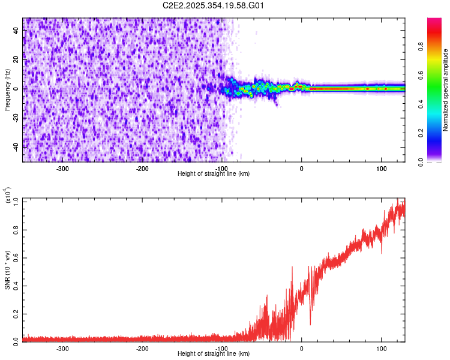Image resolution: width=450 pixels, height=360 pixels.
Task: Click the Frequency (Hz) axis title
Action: tap(7, 90)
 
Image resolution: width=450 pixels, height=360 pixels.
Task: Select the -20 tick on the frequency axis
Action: tap(17, 118)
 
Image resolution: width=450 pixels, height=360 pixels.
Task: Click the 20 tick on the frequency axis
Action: tap(17, 59)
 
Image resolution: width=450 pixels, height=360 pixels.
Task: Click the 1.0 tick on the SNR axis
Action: tap(17, 201)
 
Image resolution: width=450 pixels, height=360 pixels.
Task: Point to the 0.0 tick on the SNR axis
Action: tap(17, 340)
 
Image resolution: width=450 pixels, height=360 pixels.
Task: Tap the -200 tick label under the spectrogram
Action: tap(142, 169)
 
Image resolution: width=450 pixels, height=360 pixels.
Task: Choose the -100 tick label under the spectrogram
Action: tap(222, 169)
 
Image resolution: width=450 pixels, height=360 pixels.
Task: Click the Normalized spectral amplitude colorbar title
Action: tap(446, 90)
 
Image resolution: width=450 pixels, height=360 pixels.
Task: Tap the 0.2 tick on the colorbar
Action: tap(437, 134)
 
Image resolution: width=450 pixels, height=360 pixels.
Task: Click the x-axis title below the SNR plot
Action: tap(214, 354)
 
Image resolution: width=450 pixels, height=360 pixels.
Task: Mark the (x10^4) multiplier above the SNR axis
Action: tap(7, 196)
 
